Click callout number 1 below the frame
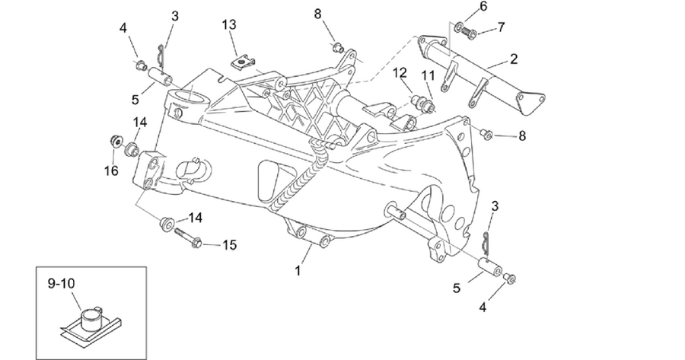[298, 271]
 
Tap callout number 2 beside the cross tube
[513, 59]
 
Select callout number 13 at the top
[229, 24]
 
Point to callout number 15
[229, 245]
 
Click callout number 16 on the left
[111, 170]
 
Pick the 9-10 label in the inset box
[61, 284]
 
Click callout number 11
[428, 76]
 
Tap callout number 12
[400, 73]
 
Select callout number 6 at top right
[483, 7]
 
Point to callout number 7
[501, 27]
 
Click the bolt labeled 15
[188, 237]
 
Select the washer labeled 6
[459, 28]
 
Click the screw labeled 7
[470, 32]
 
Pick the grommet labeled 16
[115, 142]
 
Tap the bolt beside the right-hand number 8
[486, 134]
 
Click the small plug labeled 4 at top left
[140, 66]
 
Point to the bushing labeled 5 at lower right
[491, 267]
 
